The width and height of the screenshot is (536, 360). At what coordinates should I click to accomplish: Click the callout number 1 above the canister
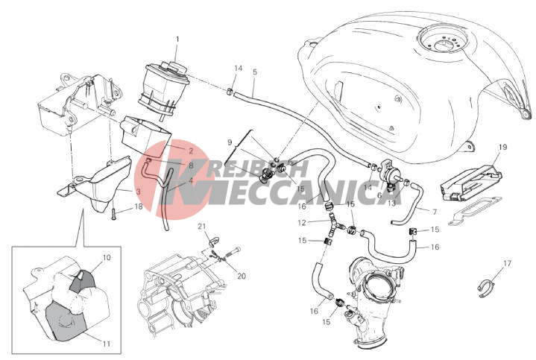(x=177, y=40)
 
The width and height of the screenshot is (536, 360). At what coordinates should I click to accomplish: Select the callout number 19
(x=502, y=148)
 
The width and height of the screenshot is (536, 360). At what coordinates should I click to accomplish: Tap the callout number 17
(x=507, y=263)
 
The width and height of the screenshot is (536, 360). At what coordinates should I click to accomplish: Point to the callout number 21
(x=202, y=227)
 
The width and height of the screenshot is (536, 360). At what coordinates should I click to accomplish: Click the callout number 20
(x=242, y=276)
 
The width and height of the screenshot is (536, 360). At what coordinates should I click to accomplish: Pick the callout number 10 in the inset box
(x=107, y=257)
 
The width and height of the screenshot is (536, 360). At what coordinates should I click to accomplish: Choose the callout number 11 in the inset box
(x=107, y=344)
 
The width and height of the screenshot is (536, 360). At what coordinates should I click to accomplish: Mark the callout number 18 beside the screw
(x=138, y=206)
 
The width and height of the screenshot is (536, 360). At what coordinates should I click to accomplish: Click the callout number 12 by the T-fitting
(x=302, y=223)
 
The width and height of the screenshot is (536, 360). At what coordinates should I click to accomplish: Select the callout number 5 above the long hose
(x=255, y=72)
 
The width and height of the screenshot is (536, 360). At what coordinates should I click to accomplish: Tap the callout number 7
(x=435, y=212)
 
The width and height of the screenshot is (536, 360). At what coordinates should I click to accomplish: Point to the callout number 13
(x=391, y=203)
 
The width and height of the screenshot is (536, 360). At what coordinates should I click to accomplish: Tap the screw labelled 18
(x=114, y=214)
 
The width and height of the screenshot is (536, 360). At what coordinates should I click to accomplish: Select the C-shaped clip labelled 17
(x=487, y=288)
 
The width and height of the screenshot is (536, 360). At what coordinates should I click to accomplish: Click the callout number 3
(x=138, y=192)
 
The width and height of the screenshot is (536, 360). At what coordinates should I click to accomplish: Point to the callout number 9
(x=230, y=142)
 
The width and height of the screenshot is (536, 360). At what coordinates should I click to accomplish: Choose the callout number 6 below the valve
(x=379, y=195)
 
